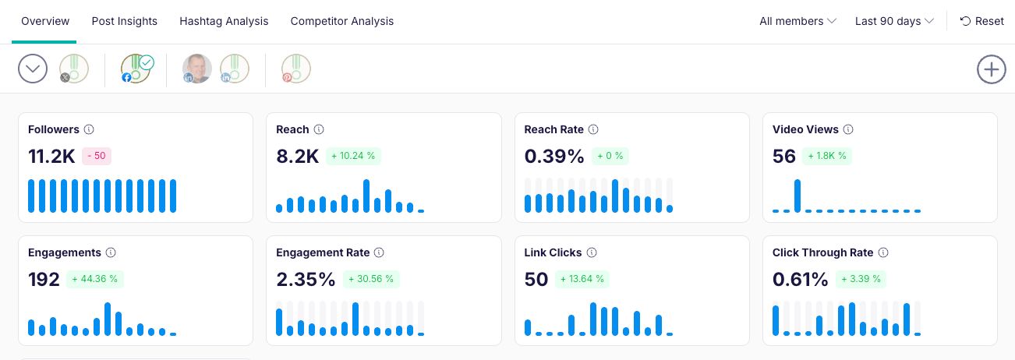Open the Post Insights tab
[x=124, y=21]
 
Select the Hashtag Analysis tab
[x=224, y=21]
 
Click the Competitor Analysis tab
[x=342, y=21]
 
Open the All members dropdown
[x=797, y=21]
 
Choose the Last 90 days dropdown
[x=894, y=21]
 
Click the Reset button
[x=981, y=21]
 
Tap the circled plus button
[x=991, y=69]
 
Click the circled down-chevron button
[x=33, y=69]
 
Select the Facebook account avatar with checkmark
[x=136, y=69]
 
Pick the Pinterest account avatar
[x=296, y=69]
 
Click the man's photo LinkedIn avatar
[x=197, y=69]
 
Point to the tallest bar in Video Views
[x=797, y=196]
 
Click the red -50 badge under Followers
[x=97, y=156]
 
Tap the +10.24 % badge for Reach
[x=353, y=156]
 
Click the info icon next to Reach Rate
[x=593, y=129]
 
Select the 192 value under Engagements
[x=44, y=279]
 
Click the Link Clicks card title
[x=553, y=252]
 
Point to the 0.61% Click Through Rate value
[x=800, y=279]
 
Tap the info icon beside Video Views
[x=848, y=129]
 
